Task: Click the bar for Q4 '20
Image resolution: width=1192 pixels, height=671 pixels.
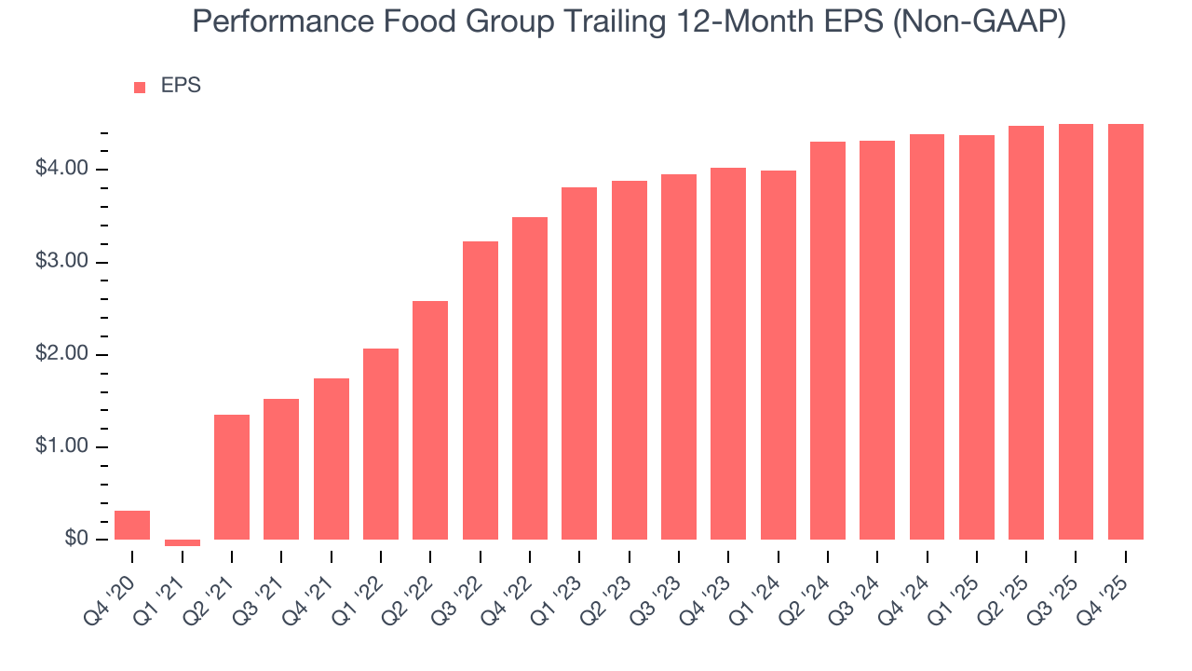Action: pos(132,525)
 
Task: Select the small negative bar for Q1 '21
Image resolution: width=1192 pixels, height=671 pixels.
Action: pos(182,542)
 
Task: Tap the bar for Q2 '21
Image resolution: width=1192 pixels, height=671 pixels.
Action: pos(232,477)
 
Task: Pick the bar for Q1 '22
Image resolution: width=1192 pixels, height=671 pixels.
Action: pos(381,444)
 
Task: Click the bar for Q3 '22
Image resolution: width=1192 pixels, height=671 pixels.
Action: pos(481,390)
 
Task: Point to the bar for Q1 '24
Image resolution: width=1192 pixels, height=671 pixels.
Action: pos(779,355)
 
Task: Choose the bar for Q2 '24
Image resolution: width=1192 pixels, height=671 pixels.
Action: pos(828,340)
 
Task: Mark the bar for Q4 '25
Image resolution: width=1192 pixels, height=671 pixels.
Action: pos(1126,332)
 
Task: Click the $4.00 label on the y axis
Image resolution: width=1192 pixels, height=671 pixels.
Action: pos(61,169)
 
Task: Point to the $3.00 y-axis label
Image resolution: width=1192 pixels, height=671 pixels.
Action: pos(61,262)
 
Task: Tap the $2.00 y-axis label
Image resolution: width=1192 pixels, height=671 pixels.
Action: pos(61,354)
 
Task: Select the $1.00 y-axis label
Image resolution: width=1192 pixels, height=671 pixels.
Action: pos(61,447)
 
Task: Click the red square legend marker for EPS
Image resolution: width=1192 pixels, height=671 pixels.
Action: pos(140,87)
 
